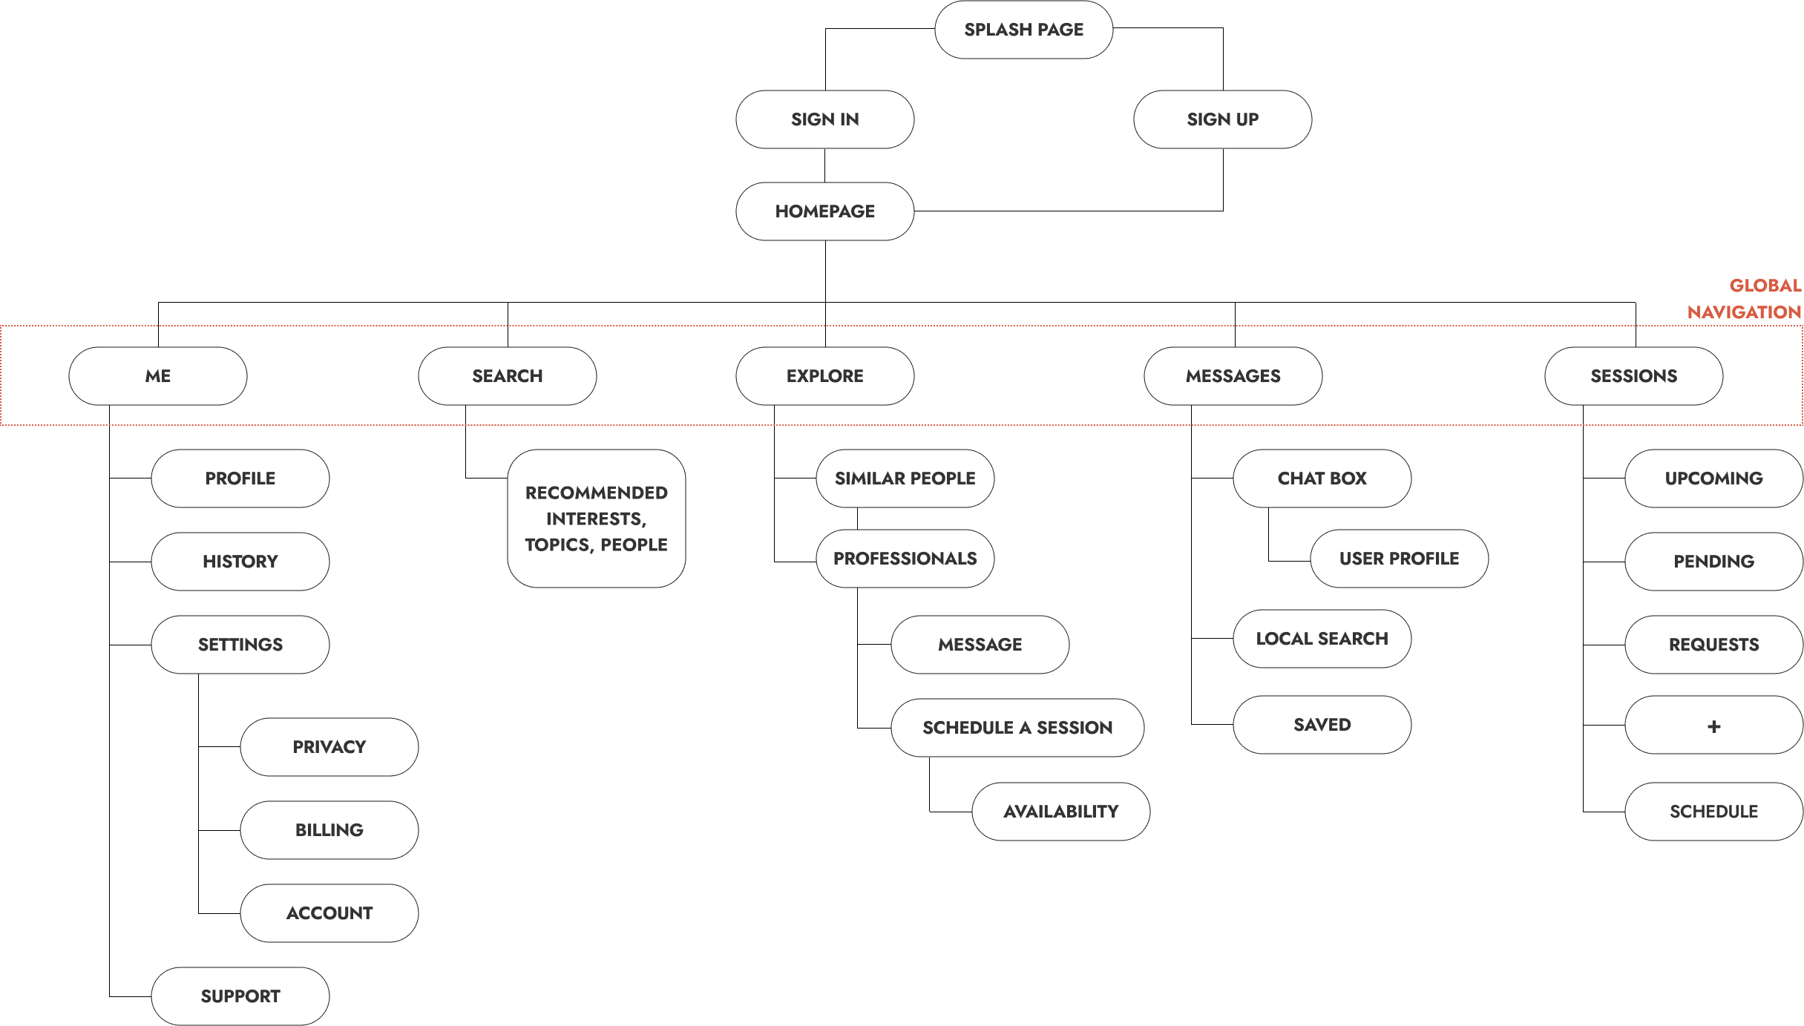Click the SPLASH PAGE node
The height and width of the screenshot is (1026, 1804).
(x=1023, y=30)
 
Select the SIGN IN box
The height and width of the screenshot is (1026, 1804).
(x=824, y=119)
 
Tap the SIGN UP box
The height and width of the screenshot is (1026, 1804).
(x=1222, y=119)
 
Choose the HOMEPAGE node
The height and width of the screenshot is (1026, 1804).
(x=824, y=211)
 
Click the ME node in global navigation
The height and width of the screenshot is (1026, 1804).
(x=158, y=376)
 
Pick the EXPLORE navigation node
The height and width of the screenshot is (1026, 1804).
(x=824, y=376)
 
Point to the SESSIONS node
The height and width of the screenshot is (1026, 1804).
(x=1633, y=376)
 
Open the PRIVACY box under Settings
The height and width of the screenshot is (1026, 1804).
(x=329, y=747)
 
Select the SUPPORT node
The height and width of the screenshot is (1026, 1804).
(x=240, y=996)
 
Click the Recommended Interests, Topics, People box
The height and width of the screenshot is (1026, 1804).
(x=596, y=519)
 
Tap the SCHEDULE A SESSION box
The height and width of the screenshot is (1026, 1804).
(x=1017, y=728)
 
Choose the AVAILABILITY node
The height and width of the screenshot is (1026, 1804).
(x=1060, y=812)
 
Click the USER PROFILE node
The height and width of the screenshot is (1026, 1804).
(x=1399, y=559)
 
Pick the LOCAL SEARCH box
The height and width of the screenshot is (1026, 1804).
(x=1322, y=639)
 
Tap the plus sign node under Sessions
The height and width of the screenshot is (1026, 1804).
(x=1713, y=726)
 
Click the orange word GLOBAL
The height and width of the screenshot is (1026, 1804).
(x=1765, y=286)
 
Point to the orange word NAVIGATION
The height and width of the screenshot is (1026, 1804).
(x=1744, y=312)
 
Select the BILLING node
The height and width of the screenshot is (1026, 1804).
(x=329, y=830)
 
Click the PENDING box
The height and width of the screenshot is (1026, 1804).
(x=1713, y=562)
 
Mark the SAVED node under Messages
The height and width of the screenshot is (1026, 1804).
(x=1322, y=725)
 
